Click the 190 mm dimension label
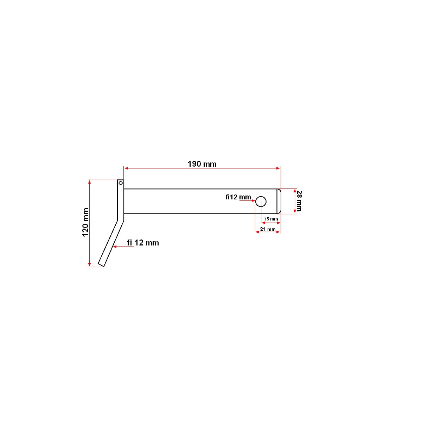click(x=202, y=164)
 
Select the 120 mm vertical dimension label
click(x=85, y=222)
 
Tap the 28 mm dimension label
click(x=299, y=201)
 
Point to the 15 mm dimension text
click(x=271, y=219)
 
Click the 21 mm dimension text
click(x=268, y=229)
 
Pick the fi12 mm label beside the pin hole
click(x=238, y=197)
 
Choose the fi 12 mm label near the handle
click(x=143, y=243)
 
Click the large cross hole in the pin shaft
click(x=261, y=202)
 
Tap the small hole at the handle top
click(x=120, y=183)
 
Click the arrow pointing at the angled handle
click(x=115, y=247)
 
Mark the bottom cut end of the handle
click(x=101, y=264)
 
